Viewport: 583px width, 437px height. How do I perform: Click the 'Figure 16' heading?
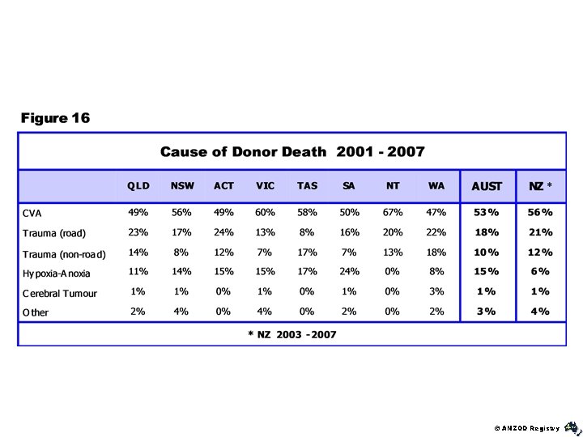pyautogui.click(x=56, y=118)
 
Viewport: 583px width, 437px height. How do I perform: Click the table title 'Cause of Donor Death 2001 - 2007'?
pyautogui.click(x=292, y=151)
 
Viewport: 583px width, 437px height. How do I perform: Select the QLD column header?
pyautogui.click(x=138, y=186)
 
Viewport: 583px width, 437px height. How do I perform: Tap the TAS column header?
pyautogui.click(x=307, y=186)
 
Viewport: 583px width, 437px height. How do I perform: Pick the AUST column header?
pyautogui.click(x=487, y=186)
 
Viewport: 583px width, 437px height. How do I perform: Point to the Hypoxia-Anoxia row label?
pyautogui.click(x=57, y=274)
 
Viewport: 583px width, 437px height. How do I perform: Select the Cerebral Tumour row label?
pyautogui.click(x=60, y=293)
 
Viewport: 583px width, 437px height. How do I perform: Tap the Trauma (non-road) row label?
pyautogui.click(x=64, y=254)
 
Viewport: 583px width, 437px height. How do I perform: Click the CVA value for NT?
pyautogui.click(x=393, y=212)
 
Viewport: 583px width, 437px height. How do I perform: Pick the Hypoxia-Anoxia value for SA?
pyautogui.click(x=349, y=272)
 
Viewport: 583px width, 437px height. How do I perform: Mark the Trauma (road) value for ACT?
pyautogui.click(x=223, y=232)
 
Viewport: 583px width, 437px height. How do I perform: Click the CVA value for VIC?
pyautogui.click(x=265, y=212)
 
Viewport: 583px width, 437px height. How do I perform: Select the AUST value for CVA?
pyautogui.click(x=486, y=212)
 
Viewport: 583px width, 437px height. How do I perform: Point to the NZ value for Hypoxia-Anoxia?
pyautogui.click(x=540, y=272)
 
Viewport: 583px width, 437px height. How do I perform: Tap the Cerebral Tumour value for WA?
pyautogui.click(x=436, y=291)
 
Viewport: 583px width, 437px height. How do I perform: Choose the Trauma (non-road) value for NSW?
pyautogui.click(x=181, y=252)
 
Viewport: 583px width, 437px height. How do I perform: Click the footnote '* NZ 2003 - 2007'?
pyautogui.click(x=292, y=333)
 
